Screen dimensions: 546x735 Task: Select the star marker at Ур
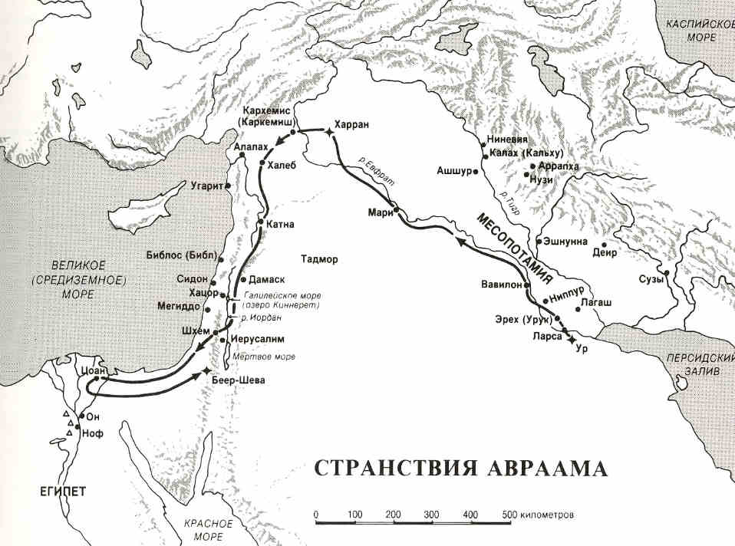point(569,338)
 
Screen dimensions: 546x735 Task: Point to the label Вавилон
point(502,283)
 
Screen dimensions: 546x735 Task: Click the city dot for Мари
point(396,209)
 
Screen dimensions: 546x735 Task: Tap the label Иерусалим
point(252,338)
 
